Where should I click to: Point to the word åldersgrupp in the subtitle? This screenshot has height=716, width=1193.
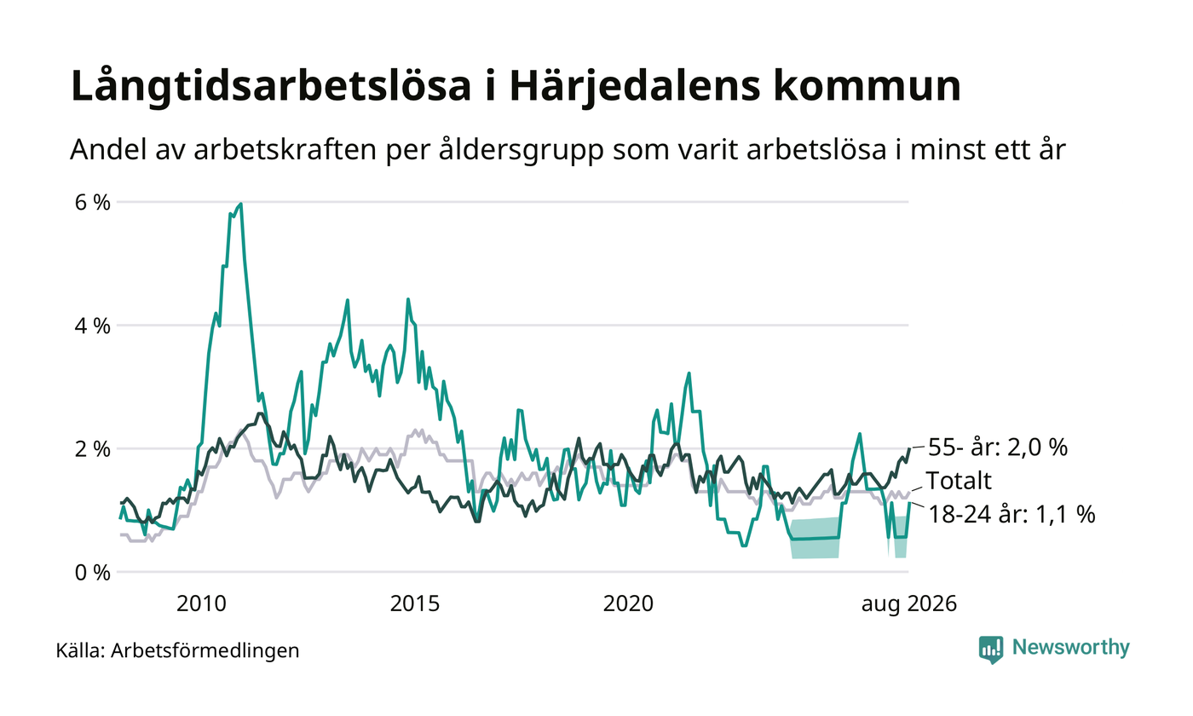522,150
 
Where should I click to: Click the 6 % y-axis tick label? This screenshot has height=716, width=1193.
93,203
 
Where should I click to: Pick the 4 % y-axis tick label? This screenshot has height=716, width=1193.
93,326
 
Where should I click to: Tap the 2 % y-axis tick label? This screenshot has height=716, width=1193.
93,450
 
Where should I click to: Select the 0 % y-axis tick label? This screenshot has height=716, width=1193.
93,573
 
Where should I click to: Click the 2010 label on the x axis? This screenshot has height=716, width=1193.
201,604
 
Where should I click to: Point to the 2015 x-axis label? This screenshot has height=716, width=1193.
415,604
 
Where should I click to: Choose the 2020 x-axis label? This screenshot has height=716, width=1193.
628,604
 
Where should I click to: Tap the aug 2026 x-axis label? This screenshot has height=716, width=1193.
909,604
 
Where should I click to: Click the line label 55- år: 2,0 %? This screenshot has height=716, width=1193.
998,447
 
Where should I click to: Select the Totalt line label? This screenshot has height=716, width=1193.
959,481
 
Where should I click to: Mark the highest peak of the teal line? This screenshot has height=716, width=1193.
241,204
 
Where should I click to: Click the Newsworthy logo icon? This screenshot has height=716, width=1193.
990,650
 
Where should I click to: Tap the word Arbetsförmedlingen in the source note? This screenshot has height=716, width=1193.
205,651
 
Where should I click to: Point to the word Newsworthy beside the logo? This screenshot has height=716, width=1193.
1070,648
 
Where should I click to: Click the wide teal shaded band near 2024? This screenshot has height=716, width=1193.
816,538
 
